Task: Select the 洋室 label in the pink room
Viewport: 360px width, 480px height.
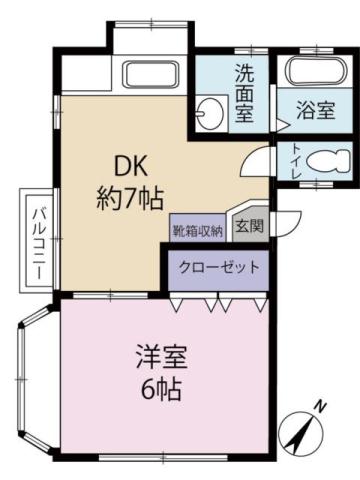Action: pyautogui.click(x=162, y=355)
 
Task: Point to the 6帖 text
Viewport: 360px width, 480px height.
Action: pyautogui.click(x=162, y=385)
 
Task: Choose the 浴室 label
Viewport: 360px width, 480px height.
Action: pyautogui.click(x=316, y=112)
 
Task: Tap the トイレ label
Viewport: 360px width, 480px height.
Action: pyautogui.click(x=296, y=161)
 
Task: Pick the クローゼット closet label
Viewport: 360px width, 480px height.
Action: pyautogui.click(x=218, y=267)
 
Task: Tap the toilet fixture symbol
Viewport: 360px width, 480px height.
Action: pyautogui.click(x=325, y=160)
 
